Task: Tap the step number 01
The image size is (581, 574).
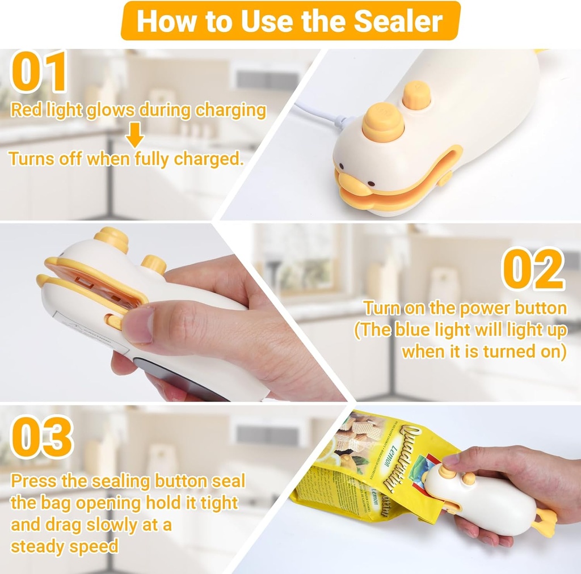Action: [x=38, y=72]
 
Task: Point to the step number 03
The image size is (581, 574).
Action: [x=41, y=437]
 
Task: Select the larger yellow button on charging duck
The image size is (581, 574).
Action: [x=383, y=121]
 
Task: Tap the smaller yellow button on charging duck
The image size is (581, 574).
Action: [x=416, y=94]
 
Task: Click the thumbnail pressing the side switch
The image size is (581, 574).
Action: [x=137, y=326]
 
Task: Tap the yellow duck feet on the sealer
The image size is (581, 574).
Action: [x=545, y=522]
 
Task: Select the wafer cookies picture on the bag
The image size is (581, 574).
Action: [x=354, y=437]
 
